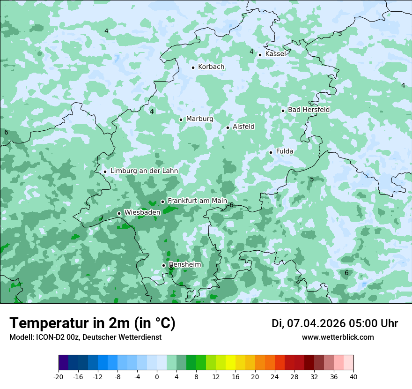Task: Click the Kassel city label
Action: click(x=275, y=54)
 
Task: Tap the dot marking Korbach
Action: click(x=193, y=67)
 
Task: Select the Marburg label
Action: click(x=199, y=119)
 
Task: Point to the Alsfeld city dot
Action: click(x=228, y=127)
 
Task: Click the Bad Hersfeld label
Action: click(x=309, y=110)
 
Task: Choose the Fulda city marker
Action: click(x=271, y=152)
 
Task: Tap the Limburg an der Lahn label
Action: click(x=144, y=171)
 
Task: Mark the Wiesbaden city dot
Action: click(x=119, y=213)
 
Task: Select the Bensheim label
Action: click(x=185, y=265)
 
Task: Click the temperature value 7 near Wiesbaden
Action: click(x=102, y=218)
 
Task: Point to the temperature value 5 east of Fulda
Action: click(x=312, y=180)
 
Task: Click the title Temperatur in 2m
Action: click(x=92, y=323)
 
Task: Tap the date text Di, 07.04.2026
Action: click(x=308, y=323)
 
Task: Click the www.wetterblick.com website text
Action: click(x=338, y=337)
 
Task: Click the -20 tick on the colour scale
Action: click(x=59, y=377)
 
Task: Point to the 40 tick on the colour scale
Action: click(x=353, y=377)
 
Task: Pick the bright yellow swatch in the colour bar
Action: click(x=230, y=363)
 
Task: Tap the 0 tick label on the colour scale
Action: click(x=157, y=377)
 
